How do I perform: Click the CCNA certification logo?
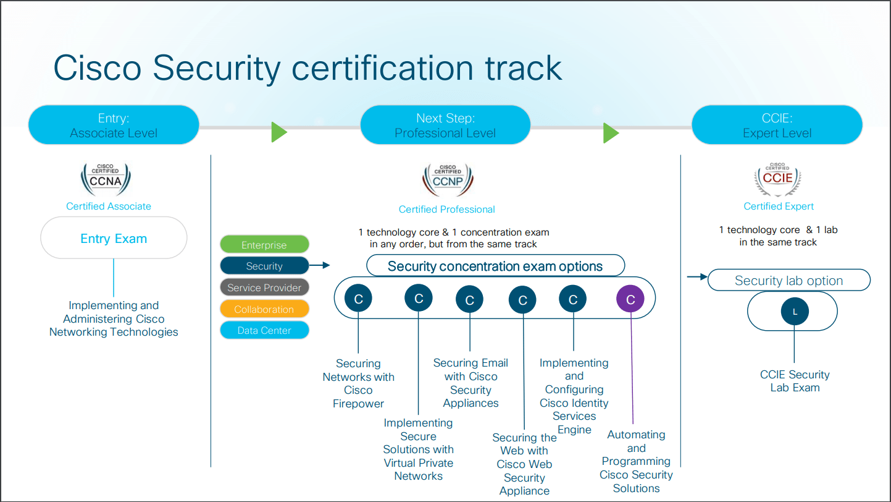coord(106,179)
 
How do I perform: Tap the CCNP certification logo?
coord(448,180)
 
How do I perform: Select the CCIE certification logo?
coord(777,179)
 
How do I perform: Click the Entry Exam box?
coord(114,238)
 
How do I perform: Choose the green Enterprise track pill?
coord(264,245)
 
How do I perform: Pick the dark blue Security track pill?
coord(264,266)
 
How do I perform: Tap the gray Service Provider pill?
coord(264,287)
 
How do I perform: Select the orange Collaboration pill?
coord(264,309)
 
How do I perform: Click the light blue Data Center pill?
coord(264,330)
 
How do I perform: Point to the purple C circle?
coord(630,300)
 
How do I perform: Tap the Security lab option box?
coord(789,281)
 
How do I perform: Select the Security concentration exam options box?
coord(495,266)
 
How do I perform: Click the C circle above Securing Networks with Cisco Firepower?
coord(359,299)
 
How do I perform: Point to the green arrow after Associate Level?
coord(279,132)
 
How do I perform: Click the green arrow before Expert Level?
coord(611,132)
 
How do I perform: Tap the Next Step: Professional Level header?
coord(445,125)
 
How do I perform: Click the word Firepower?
coord(359,404)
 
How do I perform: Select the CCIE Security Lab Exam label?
coord(795,381)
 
